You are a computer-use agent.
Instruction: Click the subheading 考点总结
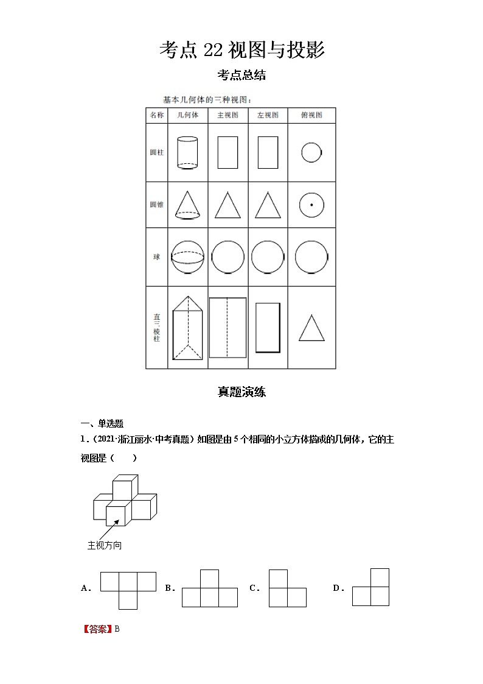point(241,76)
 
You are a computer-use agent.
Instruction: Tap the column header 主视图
point(228,115)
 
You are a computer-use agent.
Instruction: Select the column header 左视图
point(268,115)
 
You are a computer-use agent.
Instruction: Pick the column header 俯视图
point(311,115)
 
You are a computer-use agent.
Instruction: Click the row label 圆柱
point(156,152)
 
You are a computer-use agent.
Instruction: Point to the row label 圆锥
point(156,205)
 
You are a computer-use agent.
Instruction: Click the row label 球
point(156,257)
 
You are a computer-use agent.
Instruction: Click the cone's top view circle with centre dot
point(311,205)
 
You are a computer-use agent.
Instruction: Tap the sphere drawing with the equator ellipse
point(188,257)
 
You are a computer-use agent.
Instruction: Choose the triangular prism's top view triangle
point(311,328)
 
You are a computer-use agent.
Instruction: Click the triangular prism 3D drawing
point(188,328)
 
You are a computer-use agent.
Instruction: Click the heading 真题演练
point(241,392)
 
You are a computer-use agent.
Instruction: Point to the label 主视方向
point(105,545)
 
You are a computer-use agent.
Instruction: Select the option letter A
point(85,588)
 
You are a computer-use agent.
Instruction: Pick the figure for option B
point(209,588)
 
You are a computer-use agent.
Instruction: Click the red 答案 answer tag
point(97,629)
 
